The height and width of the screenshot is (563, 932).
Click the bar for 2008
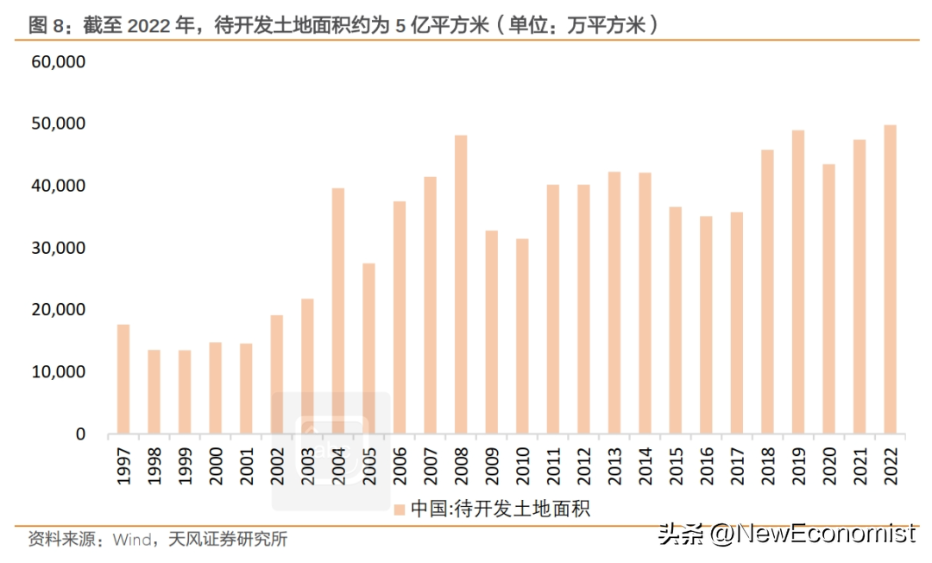[x=461, y=284]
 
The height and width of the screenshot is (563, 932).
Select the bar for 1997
[x=123, y=379]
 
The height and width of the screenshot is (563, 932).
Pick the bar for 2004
[x=338, y=311]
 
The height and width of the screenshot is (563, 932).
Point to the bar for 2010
[x=522, y=336]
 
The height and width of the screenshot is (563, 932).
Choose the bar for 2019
[x=798, y=281]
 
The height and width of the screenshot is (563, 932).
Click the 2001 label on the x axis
[x=246, y=465]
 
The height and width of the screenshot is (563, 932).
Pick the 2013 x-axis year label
[x=614, y=465]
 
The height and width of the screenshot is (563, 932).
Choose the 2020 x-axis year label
[x=829, y=465]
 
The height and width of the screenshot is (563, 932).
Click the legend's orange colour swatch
[x=399, y=509]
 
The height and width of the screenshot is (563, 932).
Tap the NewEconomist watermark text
[x=811, y=534]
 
